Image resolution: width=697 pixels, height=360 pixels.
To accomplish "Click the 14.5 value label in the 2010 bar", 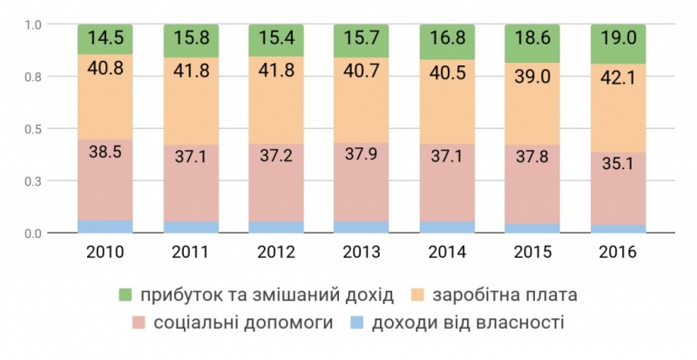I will coord(105,38).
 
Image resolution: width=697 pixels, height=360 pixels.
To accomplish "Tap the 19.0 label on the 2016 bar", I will coord(618,40).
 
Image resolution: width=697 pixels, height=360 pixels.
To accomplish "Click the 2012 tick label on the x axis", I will coord(275,254).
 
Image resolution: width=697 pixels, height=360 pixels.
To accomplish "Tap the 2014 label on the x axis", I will coord(446,254).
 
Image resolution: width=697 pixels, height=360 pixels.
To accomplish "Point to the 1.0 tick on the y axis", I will coord(33,24).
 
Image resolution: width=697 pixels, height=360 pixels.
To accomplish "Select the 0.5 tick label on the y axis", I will coord(33,129).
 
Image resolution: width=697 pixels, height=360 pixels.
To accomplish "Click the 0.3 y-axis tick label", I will coord(33,181).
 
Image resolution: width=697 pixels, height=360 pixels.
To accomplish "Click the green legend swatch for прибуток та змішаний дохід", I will coord(125,294).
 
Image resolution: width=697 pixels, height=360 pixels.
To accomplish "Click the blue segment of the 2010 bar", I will coord(105,227).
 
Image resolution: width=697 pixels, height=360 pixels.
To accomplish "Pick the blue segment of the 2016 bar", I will coord(618,229).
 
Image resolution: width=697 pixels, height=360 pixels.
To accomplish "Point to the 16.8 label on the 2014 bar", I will coord(446,39).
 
